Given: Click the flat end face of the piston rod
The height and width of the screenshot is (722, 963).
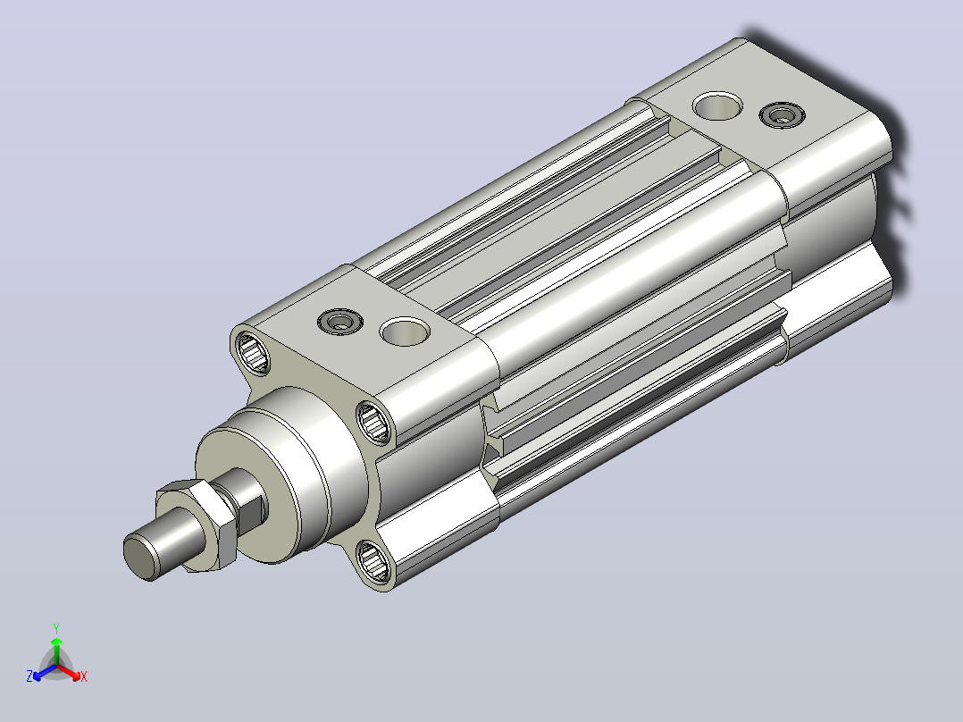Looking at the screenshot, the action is point(141,557).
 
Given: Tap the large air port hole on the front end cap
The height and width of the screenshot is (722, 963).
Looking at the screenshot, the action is point(405,332).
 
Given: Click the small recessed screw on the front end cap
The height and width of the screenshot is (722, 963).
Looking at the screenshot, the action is point(340,322).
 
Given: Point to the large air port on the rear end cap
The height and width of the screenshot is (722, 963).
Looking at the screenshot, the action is point(717,106).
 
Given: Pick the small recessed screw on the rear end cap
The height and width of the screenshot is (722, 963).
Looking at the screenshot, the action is point(783,115).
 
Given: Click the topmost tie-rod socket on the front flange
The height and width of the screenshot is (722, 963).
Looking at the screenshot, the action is point(253,352).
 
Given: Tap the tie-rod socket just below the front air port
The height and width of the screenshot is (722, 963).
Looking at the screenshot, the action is point(373,422).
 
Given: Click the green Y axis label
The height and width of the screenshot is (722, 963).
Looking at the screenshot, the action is point(56,628).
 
